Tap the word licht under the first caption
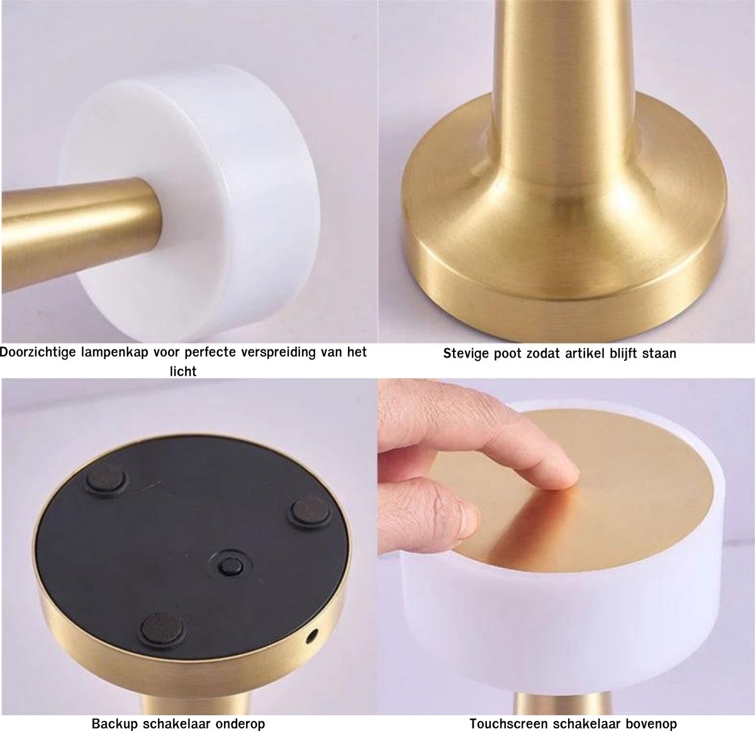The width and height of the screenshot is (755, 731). point(183,371)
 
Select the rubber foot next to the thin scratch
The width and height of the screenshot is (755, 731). point(106,480)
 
